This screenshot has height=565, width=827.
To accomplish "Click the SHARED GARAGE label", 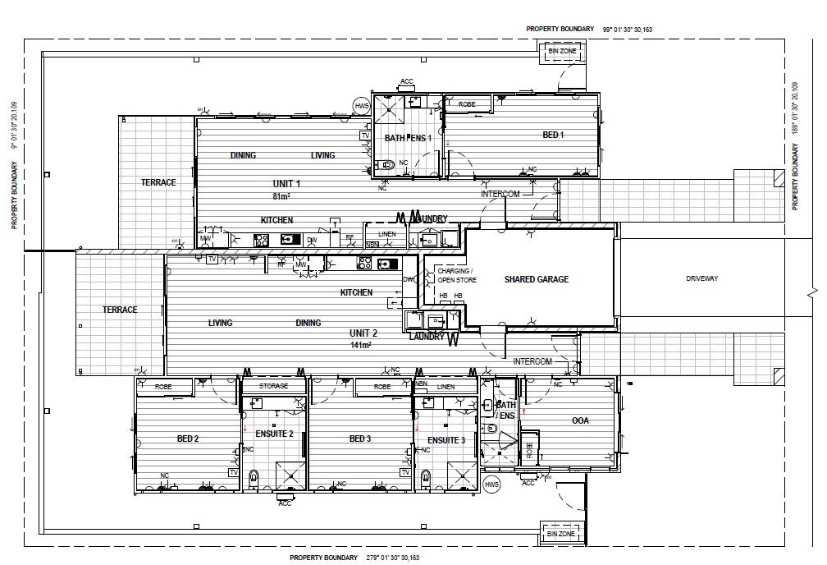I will click(536, 279).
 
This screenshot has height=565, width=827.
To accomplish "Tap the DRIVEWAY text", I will click(701, 279).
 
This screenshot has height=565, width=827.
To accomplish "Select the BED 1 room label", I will click(553, 135).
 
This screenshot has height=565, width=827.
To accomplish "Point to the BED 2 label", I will click(188, 439).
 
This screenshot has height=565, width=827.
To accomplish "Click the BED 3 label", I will click(360, 439).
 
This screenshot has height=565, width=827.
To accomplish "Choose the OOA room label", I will click(580, 421).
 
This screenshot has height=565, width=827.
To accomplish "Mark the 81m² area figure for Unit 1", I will click(282, 196).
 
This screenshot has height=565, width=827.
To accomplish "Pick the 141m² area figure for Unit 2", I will click(361, 346).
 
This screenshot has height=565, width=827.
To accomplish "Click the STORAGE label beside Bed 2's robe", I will click(273, 386).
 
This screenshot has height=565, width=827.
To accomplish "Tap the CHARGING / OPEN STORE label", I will click(454, 275).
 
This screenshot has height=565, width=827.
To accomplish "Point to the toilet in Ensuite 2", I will click(253, 477).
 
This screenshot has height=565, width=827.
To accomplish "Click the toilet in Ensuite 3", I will click(425, 477).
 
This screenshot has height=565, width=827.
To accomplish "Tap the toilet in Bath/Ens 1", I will click(387, 164).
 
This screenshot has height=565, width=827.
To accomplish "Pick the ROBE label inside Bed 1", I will click(467, 105).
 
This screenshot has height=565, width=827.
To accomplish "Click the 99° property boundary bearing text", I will click(627, 29).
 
